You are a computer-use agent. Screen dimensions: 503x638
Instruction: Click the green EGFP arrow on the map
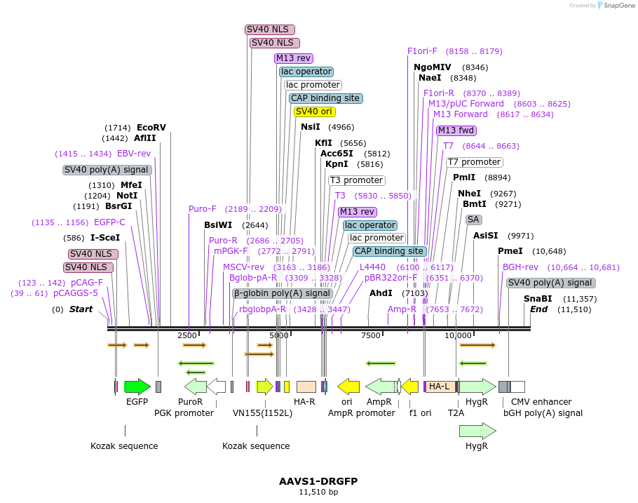[x=137, y=387]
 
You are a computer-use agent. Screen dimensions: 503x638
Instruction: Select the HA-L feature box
[x=440, y=387]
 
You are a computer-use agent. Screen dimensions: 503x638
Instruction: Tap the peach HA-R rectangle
[x=306, y=387]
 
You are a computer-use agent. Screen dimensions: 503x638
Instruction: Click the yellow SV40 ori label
[x=314, y=112]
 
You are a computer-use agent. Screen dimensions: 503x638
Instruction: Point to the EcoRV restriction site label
[x=151, y=128]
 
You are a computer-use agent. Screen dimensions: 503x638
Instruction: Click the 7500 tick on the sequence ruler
[x=370, y=335]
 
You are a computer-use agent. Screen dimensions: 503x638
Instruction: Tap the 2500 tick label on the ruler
[x=187, y=335]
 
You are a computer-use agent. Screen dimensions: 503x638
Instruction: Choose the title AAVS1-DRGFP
[x=318, y=481]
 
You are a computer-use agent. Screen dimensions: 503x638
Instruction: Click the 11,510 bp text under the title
[x=318, y=492]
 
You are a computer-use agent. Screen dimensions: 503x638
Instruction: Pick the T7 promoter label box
[x=474, y=163]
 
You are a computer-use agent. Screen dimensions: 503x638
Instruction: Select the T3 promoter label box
[x=356, y=180]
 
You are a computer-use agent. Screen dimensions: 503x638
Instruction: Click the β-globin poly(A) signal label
[x=282, y=293]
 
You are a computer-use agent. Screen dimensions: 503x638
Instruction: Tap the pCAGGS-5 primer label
[x=76, y=293]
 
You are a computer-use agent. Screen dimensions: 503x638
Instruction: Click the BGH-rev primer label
[x=520, y=267]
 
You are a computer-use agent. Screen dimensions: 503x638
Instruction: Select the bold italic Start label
[x=81, y=309]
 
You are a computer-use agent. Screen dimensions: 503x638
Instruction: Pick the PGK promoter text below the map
[x=184, y=413]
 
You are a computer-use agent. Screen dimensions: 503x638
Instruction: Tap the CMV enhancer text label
[x=541, y=402]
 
